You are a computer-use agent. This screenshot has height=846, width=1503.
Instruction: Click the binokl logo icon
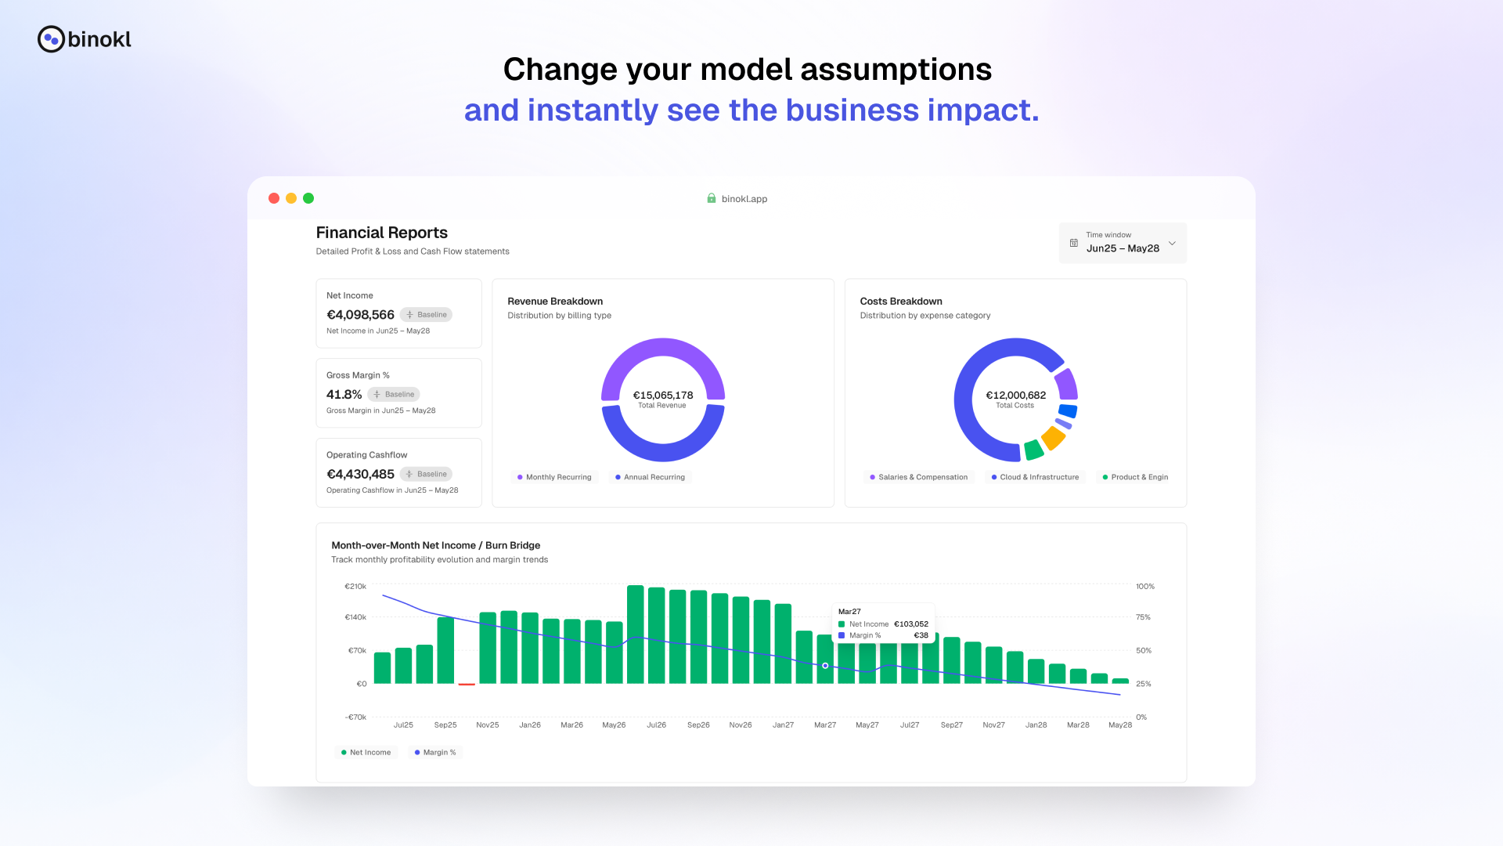coord(51,39)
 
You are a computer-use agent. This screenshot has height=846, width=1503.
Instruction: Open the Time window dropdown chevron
coord(1172,243)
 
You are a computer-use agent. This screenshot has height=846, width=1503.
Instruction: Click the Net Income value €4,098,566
coord(360,315)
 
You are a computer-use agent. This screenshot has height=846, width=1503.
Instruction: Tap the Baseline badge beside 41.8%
coord(394,395)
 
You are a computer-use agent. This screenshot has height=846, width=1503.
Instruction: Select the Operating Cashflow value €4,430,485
coord(360,475)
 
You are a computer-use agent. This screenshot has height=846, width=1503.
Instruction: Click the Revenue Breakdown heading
coord(555,302)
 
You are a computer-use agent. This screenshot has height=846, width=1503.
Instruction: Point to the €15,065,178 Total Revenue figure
coord(662,396)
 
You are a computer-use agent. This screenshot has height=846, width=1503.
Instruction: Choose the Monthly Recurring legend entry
coord(554,477)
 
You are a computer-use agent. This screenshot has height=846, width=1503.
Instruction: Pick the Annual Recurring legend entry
coord(650,477)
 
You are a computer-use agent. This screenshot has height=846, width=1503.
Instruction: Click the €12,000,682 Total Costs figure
coord(1015,396)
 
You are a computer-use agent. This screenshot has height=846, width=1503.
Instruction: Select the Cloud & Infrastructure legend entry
coord(1035,477)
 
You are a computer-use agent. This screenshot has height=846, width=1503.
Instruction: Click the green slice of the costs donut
coord(1033,450)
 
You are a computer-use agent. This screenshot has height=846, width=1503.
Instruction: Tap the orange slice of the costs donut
coord(1054,437)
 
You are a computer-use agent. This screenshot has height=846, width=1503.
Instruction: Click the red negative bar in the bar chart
coord(467,685)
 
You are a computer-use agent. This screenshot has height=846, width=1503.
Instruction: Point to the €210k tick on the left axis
coord(355,587)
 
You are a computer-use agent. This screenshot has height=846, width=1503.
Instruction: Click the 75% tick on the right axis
coord(1143,617)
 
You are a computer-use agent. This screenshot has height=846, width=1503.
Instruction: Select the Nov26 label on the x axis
coord(741,725)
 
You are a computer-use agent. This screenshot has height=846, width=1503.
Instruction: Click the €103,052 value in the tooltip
coord(911,624)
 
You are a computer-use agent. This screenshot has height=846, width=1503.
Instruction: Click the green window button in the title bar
coord(308,198)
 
